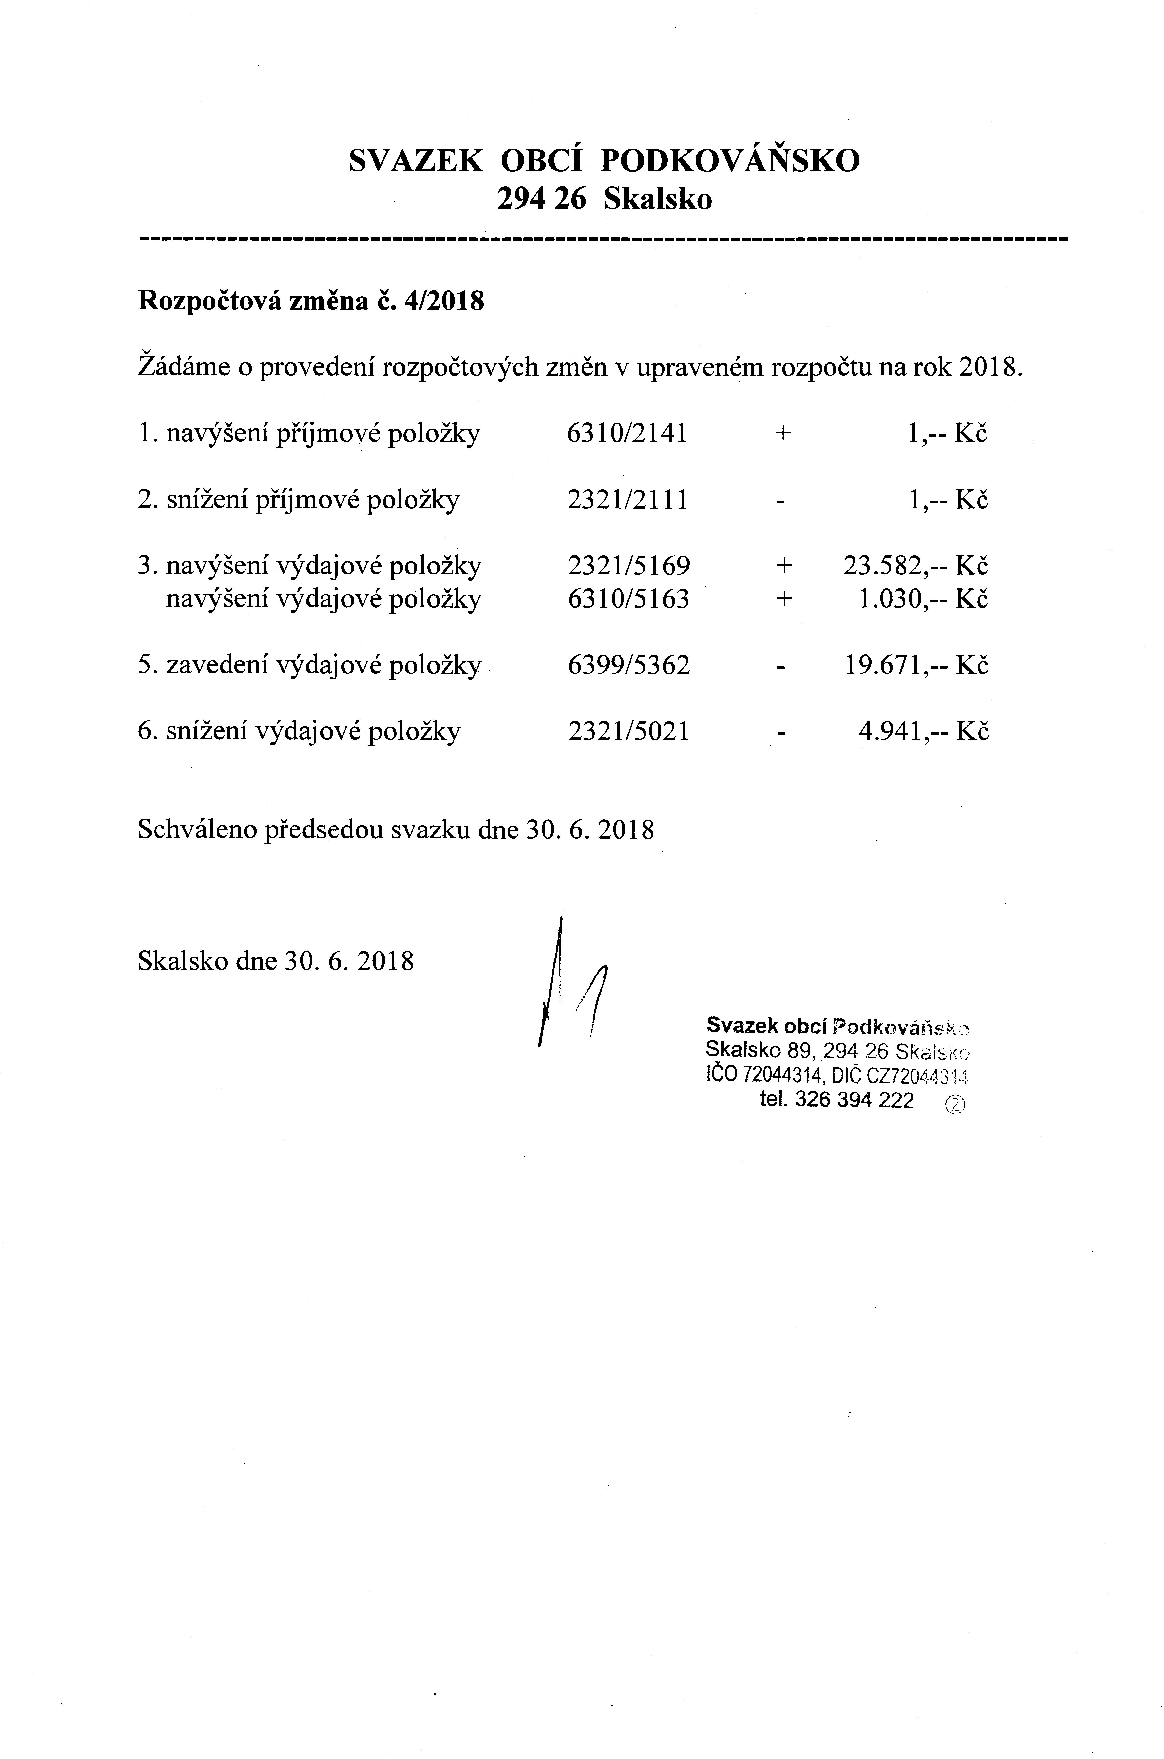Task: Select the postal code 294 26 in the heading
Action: (541, 199)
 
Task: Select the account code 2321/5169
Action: (629, 566)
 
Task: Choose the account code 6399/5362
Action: (629, 665)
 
